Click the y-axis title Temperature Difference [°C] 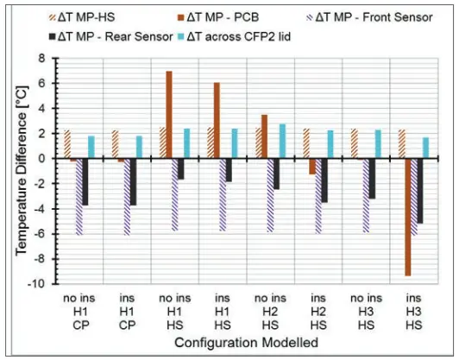(x=18, y=169)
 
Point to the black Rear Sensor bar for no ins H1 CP (x=85, y=181)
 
